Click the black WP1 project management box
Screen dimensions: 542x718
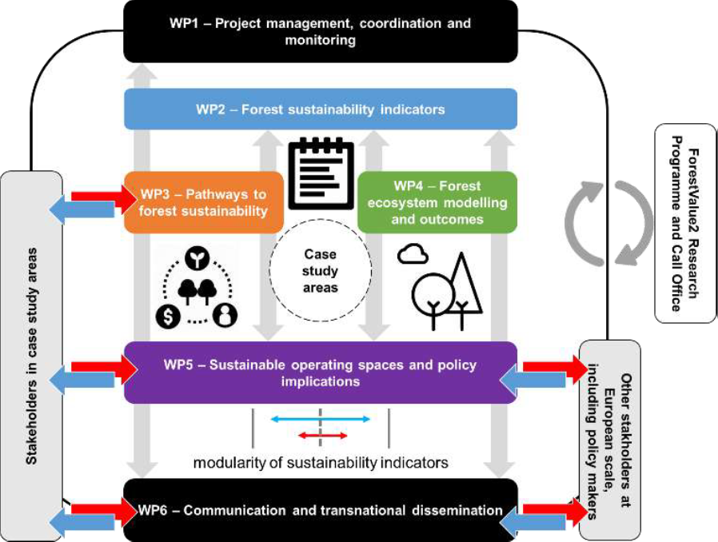(321, 31)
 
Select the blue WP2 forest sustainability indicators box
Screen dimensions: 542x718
(321, 109)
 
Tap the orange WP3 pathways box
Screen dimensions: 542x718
(203, 202)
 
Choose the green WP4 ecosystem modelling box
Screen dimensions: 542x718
(437, 202)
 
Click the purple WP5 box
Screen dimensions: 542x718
(321, 373)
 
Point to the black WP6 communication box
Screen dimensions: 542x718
(321, 510)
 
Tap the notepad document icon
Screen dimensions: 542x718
(320, 171)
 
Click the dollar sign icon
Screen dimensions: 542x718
(169, 316)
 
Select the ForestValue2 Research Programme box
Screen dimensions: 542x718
(684, 223)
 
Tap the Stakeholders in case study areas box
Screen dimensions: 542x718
(32, 357)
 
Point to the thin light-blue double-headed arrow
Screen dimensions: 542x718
(320, 418)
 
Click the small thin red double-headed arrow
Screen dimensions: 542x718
(322, 435)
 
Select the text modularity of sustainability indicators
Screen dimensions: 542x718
(320, 462)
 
